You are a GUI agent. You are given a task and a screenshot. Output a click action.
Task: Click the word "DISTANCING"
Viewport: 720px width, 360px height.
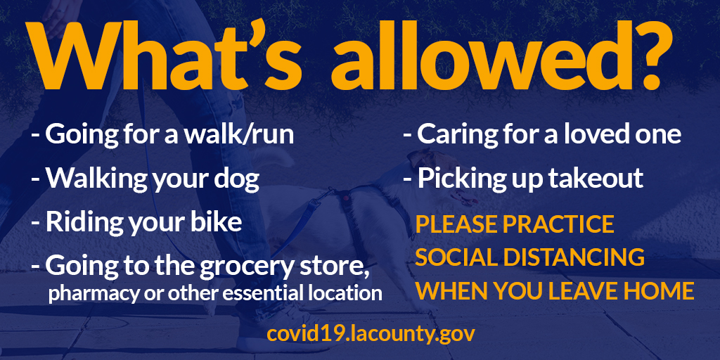click(x=574, y=257)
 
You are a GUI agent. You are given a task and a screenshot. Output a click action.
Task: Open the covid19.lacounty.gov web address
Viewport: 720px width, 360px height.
click(x=371, y=334)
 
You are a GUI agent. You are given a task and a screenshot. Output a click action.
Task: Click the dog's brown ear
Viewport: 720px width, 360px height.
click(x=418, y=158)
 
